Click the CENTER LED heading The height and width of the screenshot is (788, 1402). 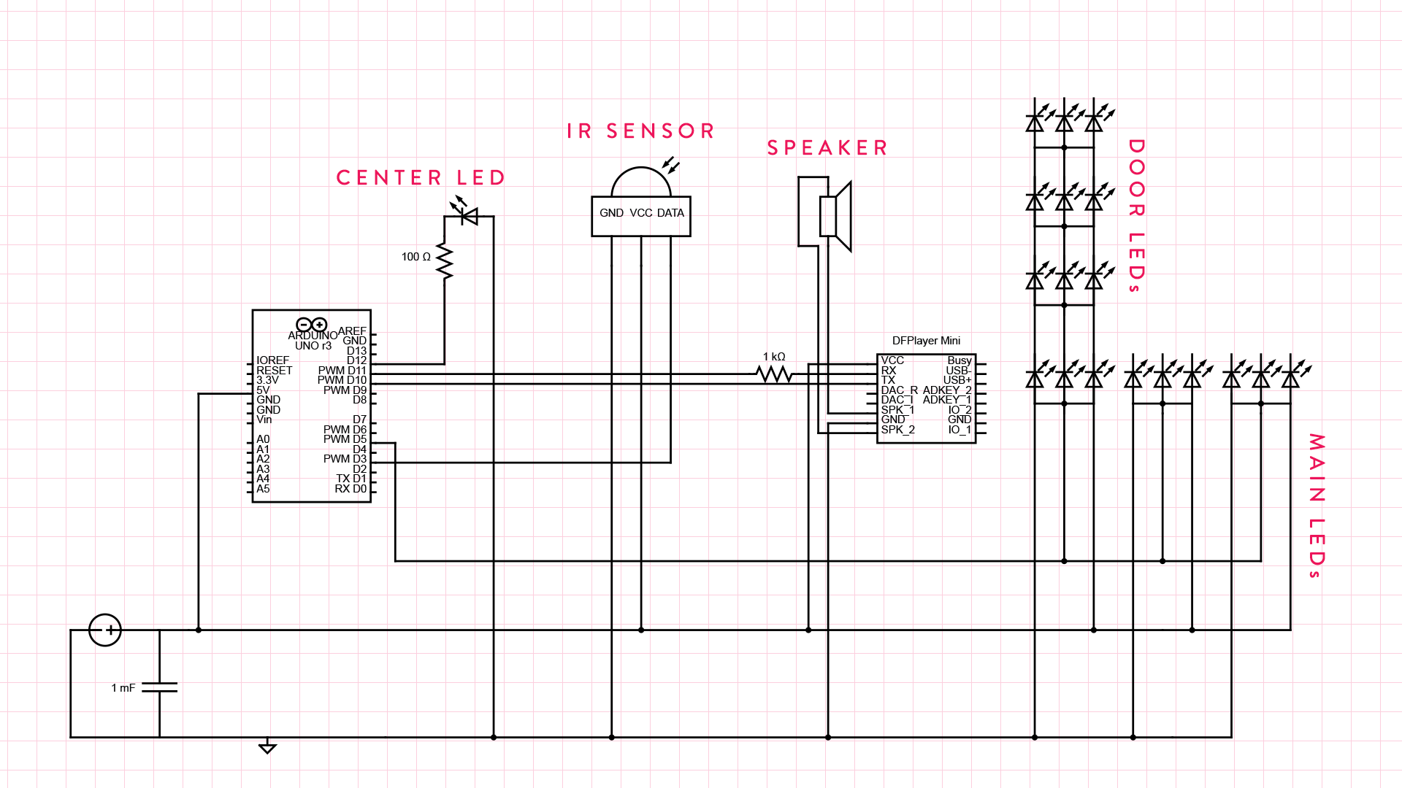(x=421, y=178)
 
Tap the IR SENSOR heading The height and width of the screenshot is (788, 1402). (x=640, y=131)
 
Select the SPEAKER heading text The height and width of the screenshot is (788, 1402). (x=827, y=148)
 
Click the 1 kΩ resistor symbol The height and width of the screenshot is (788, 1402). (x=774, y=374)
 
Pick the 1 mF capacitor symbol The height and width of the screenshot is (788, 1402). (x=159, y=687)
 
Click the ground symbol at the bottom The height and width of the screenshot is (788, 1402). (x=267, y=747)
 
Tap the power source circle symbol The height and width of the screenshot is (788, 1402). (x=105, y=630)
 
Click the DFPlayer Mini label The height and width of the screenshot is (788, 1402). (x=926, y=341)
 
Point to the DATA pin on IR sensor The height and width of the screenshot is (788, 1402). (x=670, y=213)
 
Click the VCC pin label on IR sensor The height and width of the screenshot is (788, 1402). (x=641, y=213)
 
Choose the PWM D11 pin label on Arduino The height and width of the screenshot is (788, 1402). (x=342, y=371)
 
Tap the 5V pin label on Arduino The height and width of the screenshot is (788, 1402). (x=263, y=390)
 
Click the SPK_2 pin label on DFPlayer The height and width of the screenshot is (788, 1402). (x=897, y=430)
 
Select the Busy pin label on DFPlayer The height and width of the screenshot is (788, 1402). (x=959, y=360)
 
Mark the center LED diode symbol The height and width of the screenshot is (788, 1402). (x=468, y=216)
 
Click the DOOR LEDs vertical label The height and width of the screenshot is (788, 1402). (x=1136, y=216)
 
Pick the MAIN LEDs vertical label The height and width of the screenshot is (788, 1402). (x=1317, y=506)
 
